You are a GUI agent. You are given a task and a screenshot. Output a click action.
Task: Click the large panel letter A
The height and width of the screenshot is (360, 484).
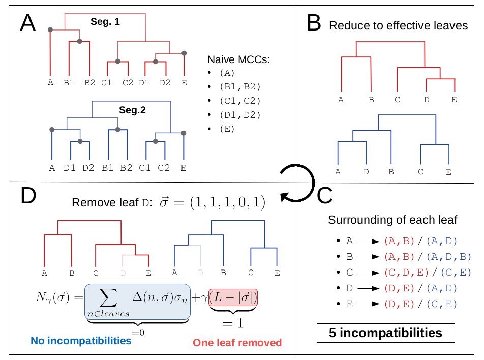[28, 23]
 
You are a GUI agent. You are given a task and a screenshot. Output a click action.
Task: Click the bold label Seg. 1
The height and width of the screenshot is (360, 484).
[105, 22]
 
